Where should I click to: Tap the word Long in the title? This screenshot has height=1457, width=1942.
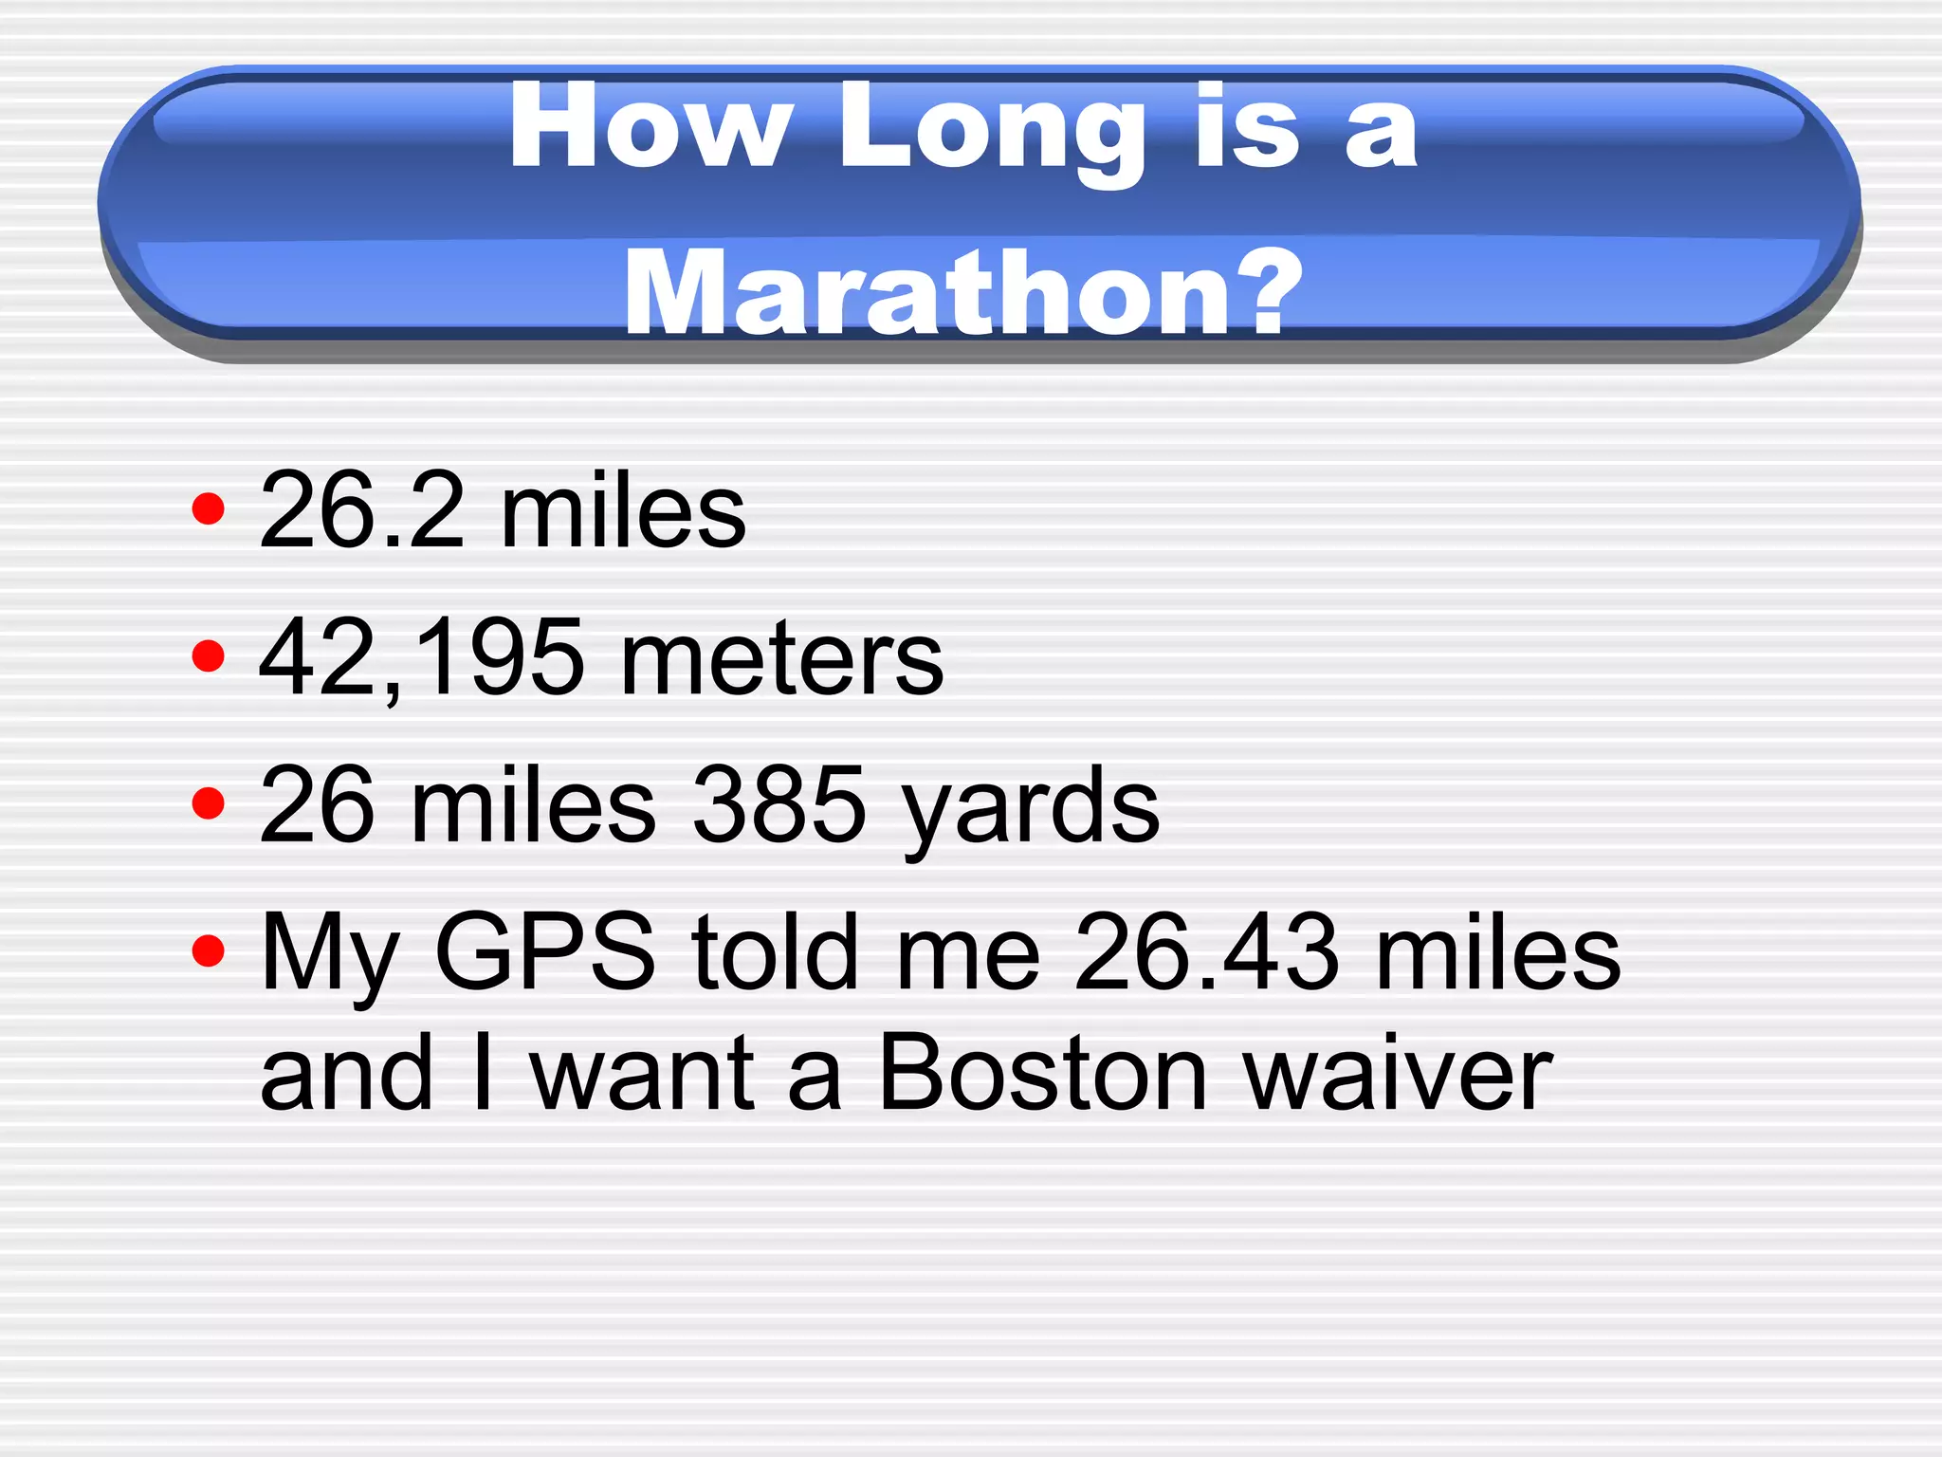992,129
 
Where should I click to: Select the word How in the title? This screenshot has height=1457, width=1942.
650,127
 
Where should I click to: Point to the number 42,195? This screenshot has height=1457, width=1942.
421,657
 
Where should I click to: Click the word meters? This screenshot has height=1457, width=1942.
781,657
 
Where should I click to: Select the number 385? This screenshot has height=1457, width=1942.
779,804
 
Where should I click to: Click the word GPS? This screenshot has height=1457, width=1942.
544,950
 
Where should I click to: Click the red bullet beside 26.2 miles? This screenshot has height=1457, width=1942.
208,509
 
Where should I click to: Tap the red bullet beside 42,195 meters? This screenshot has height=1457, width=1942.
208,655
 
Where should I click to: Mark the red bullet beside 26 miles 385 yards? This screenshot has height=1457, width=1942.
208,803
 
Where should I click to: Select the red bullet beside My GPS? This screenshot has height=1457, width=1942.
208,950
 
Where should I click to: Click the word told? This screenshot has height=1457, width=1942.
775,950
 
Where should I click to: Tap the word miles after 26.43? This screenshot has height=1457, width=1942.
1497,950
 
